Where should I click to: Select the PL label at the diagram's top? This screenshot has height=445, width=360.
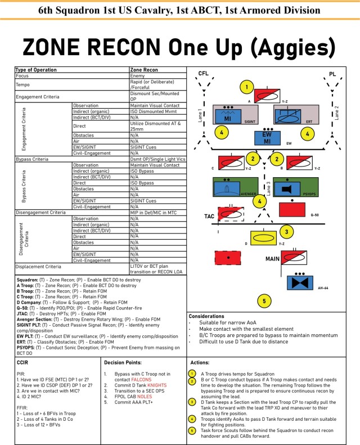pos(332,74)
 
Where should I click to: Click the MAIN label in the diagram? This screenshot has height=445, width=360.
pos(274,259)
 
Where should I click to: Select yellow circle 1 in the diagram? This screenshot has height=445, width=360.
pos(246,87)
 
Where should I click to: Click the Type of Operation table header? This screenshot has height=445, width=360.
pos(36,70)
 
